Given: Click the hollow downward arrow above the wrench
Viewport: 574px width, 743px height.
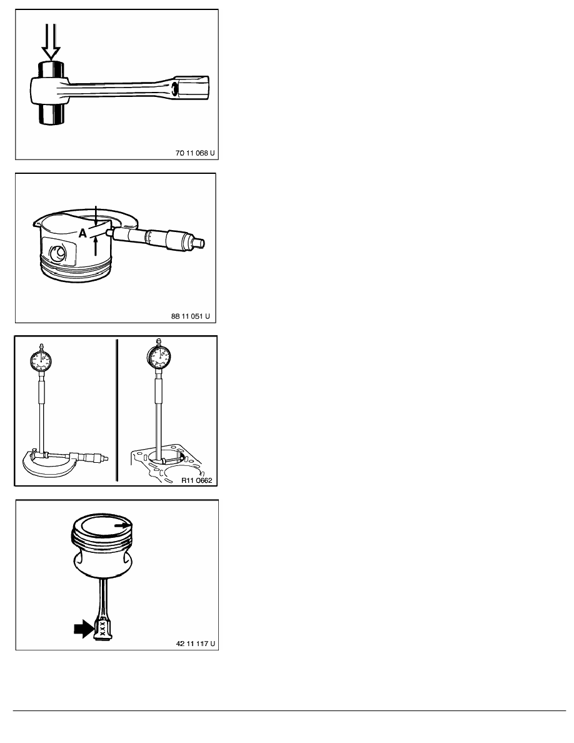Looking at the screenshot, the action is click(x=51, y=42).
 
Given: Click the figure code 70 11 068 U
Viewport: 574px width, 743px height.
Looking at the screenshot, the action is click(x=194, y=153).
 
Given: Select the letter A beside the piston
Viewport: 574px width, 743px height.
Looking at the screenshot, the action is click(x=83, y=233).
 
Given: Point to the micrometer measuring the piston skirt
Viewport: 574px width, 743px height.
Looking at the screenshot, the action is click(x=156, y=236).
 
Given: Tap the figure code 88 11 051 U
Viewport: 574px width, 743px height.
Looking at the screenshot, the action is click(x=190, y=316).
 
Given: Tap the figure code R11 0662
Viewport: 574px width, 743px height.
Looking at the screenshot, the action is click(x=196, y=480).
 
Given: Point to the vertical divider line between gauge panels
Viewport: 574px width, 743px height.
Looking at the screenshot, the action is click(x=116, y=410).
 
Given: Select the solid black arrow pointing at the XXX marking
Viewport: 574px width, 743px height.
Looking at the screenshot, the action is click(x=84, y=629).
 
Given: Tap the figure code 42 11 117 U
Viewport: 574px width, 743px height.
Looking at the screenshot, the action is click(x=195, y=644).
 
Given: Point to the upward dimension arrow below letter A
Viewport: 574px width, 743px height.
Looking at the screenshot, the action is click(x=96, y=246).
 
